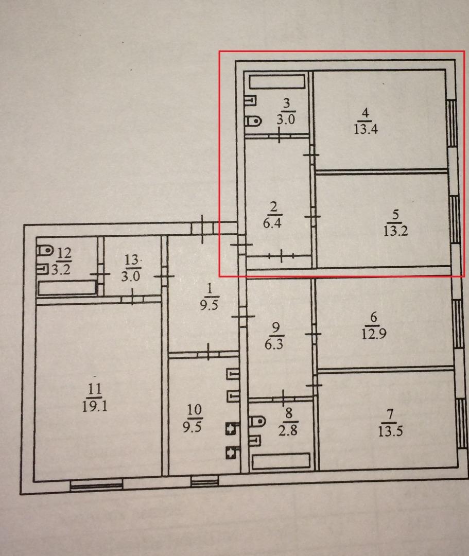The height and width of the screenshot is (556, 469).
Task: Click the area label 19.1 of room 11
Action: [x=95, y=406]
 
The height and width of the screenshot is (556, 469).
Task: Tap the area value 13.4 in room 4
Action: [x=366, y=129]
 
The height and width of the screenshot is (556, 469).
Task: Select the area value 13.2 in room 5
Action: [x=395, y=231]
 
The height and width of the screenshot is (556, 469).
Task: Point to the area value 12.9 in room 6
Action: [x=374, y=334]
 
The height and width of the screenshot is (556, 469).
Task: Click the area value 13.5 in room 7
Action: [x=390, y=431]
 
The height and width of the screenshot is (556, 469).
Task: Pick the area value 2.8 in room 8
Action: [x=288, y=430]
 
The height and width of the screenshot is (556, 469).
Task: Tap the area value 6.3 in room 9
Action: [x=274, y=344]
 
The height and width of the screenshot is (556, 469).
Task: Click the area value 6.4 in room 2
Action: [x=272, y=223]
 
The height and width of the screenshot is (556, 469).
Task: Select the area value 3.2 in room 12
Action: [x=61, y=270]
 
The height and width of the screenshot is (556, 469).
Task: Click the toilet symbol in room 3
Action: [x=253, y=121]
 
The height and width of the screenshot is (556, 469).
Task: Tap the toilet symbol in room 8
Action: [x=258, y=422]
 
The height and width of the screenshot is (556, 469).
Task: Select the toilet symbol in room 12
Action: [x=45, y=250]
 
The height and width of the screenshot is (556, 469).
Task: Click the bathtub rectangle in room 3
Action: [x=277, y=81]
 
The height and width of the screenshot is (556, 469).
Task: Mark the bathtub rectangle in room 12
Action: [x=67, y=288]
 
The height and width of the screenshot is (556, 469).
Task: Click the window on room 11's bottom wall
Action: [x=96, y=485]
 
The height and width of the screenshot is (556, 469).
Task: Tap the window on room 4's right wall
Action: [x=451, y=123]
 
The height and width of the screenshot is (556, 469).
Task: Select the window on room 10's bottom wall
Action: [x=204, y=481]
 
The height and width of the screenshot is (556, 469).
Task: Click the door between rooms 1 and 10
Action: [x=208, y=353]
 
